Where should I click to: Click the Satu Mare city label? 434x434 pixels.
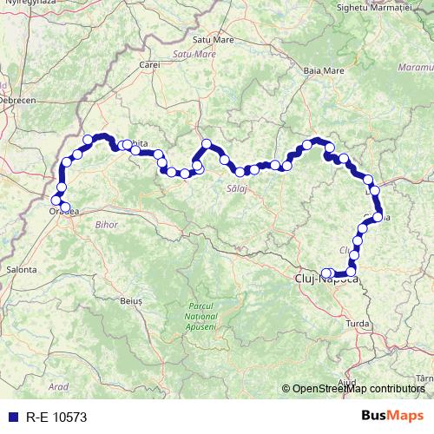coord(213,39)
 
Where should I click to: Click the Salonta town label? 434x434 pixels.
coord(22,270)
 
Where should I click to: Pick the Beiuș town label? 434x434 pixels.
coord(131,299)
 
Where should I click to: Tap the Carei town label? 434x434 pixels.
coord(150,64)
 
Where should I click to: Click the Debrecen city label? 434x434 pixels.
coord(17,101)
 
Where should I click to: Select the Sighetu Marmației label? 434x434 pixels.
coord(380,7)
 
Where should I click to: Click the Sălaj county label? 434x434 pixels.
coord(236,188)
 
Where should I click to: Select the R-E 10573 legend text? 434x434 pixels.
coord(56,417)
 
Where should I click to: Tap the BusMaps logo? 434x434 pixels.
coord(392,416)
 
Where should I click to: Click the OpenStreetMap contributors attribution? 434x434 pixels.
coord(358,389)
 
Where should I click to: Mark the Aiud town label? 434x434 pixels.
coord(348,382)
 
